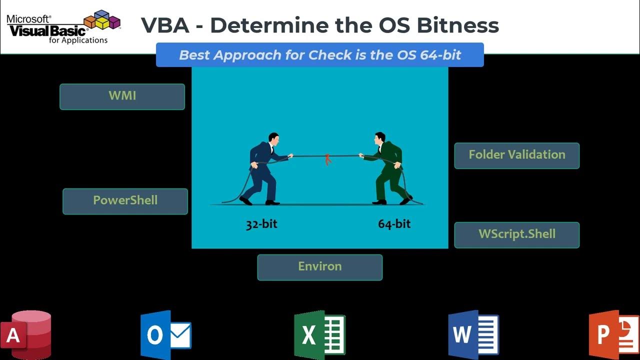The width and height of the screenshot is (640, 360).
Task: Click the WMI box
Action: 122,96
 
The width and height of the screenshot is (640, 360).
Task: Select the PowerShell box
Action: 125,201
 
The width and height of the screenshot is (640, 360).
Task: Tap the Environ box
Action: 319,267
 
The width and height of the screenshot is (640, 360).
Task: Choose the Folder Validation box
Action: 516,155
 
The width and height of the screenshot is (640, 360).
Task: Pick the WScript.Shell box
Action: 516,235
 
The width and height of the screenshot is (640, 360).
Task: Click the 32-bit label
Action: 261,224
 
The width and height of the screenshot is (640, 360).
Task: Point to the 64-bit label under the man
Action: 394,224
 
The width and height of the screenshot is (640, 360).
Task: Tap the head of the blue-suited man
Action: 273,137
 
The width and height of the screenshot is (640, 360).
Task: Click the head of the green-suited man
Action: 379,137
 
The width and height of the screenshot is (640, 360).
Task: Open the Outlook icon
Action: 165,333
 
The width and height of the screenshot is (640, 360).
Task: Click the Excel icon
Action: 319,334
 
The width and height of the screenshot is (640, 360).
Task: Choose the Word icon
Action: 473,333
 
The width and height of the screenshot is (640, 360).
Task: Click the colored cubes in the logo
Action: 102,20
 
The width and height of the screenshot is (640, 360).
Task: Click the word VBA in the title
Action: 165,25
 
